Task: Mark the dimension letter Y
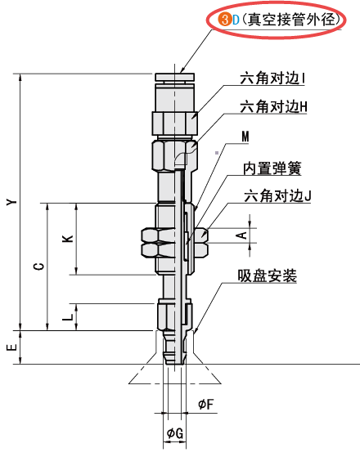point(10,201)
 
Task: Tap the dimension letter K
point(67,239)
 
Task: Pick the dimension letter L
point(67,314)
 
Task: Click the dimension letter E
point(10,347)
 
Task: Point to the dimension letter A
point(241,235)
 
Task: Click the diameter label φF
point(206,403)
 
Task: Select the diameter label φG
point(174,432)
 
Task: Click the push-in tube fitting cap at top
point(174,80)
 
